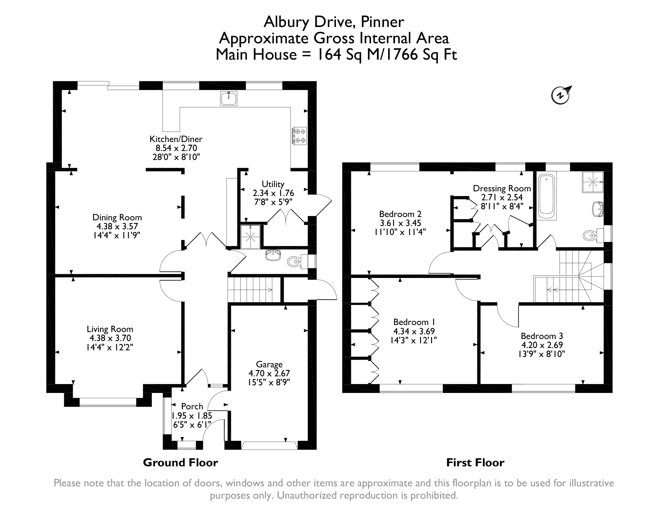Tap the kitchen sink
pyautogui.click(x=229, y=98)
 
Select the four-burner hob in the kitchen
pyautogui.click(x=300, y=136)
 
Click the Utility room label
pyautogui.click(x=273, y=184)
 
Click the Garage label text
pyautogui.click(x=269, y=364)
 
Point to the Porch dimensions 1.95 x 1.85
pyautogui.click(x=192, y=416)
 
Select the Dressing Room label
pyautogui.click(x=502, y=189)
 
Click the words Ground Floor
pyautogui.click(x=181, y=462)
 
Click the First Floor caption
pyautogui.click(x=475, y=462)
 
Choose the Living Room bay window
pyautogui.click(x=108, y=402)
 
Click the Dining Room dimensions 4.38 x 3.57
pyautogui.click(x=117, y=226)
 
